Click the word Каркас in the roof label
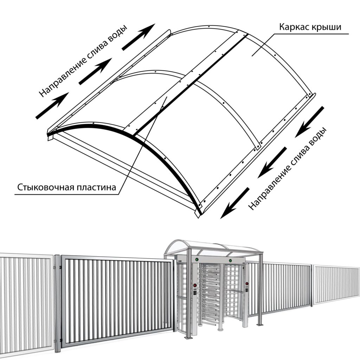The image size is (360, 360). pyautogui.click(x=294, y=27)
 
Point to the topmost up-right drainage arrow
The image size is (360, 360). pyautogui.click(x=139, y=37)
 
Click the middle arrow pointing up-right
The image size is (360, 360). pyautogui.click(x=95, y=71)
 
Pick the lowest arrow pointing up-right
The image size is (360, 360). pyautogui.click(x=52, y=105)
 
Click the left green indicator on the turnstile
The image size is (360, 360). pyautogui.click(x=197, y=260)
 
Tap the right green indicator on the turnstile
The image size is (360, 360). pyautogui.click(x=230, y=261)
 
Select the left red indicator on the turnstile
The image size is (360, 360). pyautogui.click(x=195, y=285)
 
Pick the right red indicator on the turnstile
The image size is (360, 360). pyautogui.click(x=247, y=284)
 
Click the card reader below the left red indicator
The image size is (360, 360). pyautogui.click(x=195, y=293)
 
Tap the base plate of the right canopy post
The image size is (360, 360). pyautogui.click(x=260, y=324)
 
